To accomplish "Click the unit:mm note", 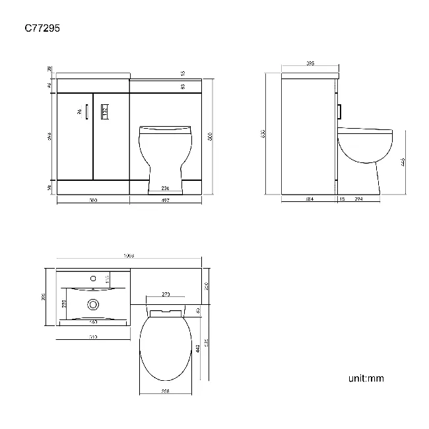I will click(x=366, y=378).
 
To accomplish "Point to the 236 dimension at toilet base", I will click(x=165, y=189).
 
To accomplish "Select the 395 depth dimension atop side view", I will click(x=310, y=63).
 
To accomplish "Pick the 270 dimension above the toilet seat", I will click(x=166, y=294).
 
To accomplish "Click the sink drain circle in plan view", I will click(x=92, y=304).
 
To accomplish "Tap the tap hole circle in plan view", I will click(x=92, y=279).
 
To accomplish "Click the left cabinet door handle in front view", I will click(x=86, y=113).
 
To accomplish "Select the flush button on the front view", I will click(x=104, y=113).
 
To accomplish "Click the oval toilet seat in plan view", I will click(x=166, y=346).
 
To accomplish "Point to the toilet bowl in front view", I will click(x=165, y=148).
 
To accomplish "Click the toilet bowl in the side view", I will click(x=364, y=147).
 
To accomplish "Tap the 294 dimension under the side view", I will click(x=359, y=199).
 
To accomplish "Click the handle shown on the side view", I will click(x=339, y=112).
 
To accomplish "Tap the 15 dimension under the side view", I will click(x=341, y=199).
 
